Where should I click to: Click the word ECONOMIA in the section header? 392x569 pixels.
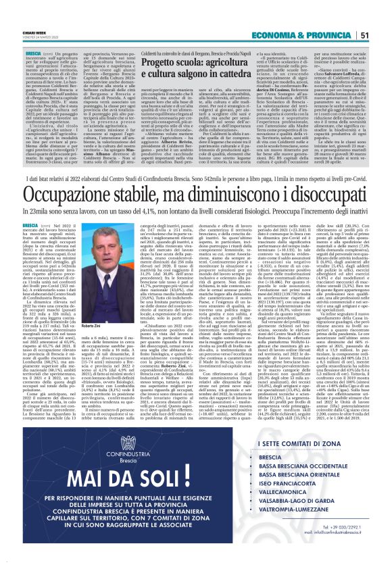281,16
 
